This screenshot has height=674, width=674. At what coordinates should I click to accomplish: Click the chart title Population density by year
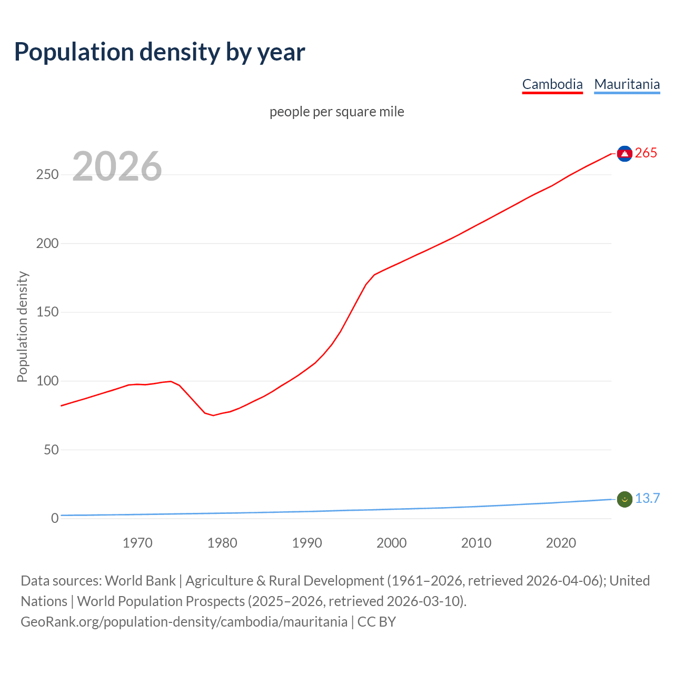click(160, 52)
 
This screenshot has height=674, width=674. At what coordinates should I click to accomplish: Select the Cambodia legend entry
click(552, 84)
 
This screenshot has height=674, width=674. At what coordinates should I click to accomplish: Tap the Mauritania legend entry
click(627, 84)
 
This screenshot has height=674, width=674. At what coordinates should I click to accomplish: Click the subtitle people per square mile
click(337, 112)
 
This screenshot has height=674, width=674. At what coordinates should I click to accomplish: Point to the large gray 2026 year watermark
click(117, 167)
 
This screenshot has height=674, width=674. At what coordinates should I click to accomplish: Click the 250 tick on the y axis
click(47, 175)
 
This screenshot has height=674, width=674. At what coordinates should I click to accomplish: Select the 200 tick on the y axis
click(47, 243)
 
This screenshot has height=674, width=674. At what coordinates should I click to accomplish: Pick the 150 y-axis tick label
click(47, 312)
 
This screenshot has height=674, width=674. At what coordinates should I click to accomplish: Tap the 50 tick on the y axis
click(51, 450)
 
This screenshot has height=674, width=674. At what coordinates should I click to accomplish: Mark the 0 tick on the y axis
click(55, 519)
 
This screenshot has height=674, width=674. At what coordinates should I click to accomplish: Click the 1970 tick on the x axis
click(137, 543)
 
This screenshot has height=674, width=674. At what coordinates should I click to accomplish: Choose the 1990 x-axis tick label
click(307, 543)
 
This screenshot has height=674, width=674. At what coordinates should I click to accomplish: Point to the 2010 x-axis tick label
click(476, 543)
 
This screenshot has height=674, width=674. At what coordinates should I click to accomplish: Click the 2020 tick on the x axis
click(561, 543)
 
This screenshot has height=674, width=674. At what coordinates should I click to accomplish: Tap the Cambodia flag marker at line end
click(625, 154)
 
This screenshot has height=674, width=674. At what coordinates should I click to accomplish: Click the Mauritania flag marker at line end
click(625, 499)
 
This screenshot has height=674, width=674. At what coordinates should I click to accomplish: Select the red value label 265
click(646, 153)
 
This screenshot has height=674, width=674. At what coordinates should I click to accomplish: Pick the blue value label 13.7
click(647, 499)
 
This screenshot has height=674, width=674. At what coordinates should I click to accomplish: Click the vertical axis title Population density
click(22, 326)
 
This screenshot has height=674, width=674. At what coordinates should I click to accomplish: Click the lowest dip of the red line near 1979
click(213, 415)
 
